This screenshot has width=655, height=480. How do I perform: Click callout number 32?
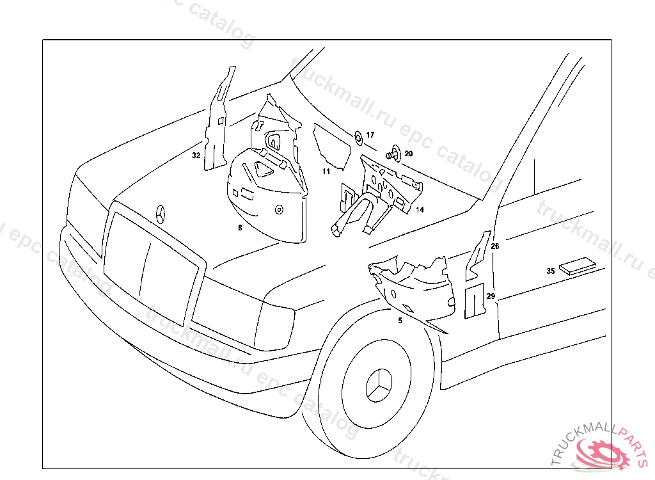tap(196, 156)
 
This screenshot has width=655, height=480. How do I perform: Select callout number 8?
tap(240, 227)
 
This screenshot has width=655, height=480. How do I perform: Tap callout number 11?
tap(326, 172)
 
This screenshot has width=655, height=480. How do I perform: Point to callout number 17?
tap(370, 135)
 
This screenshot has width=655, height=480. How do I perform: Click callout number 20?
tap(409, 154)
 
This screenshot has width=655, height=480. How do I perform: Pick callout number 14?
tap(420, 209)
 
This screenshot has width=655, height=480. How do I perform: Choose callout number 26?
tap(495, 246)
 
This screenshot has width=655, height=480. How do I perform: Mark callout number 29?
tap(491, 296)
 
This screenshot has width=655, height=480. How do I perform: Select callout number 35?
tap(550, 271)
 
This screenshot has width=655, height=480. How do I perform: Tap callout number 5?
tap(400, 321)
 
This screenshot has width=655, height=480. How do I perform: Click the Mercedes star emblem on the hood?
tap(161, 213)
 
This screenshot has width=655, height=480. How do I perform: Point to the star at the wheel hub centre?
tap(378, 385)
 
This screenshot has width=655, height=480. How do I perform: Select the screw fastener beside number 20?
tap(393, 154)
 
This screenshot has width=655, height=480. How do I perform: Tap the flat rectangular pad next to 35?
tap(578, 265)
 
